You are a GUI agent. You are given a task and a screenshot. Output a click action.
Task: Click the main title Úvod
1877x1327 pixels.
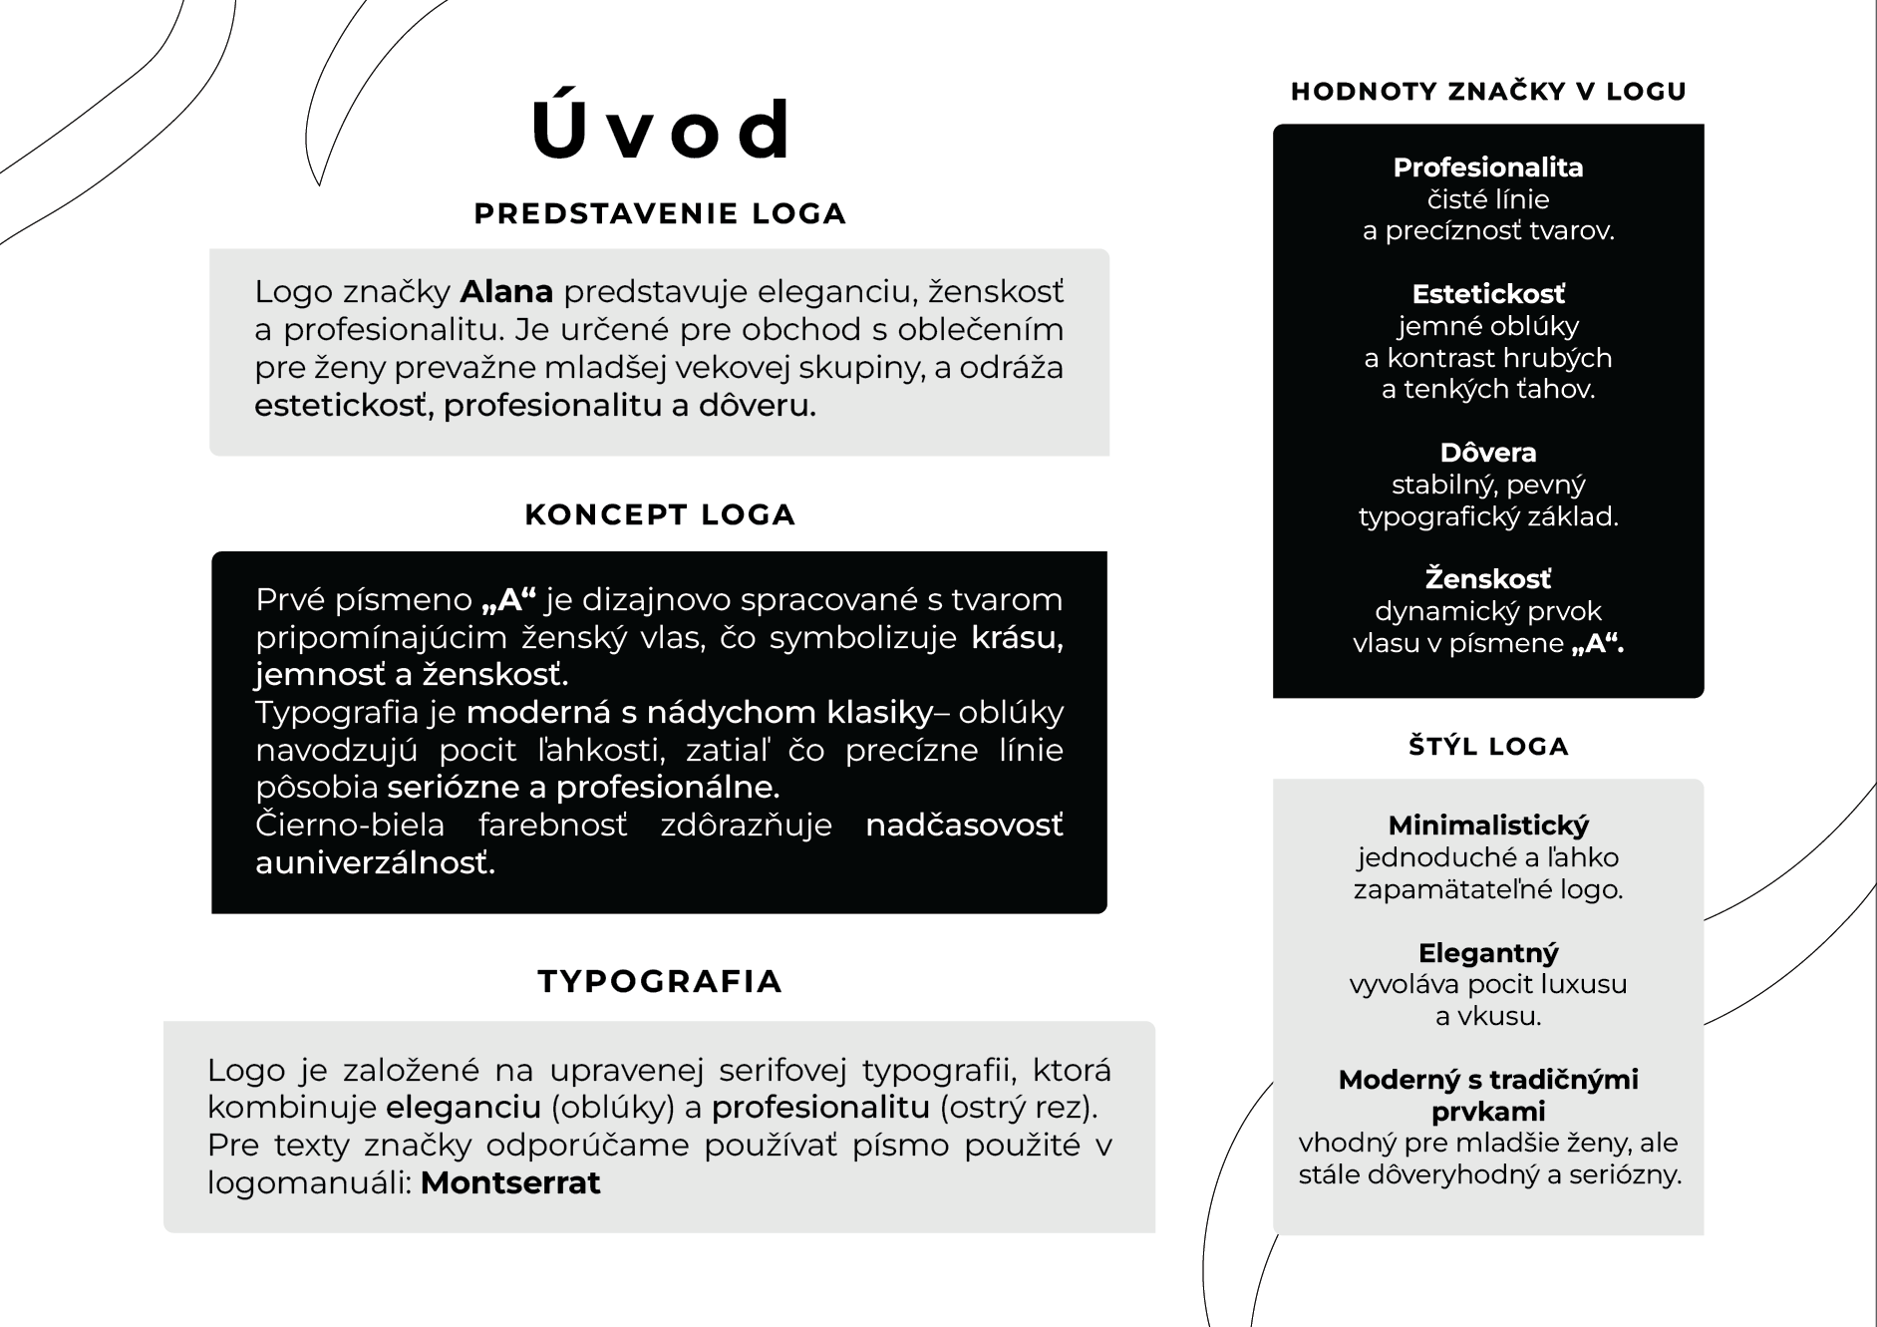(x=661, y=130)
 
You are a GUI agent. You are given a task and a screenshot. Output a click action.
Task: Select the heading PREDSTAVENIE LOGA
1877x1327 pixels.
(x=660, y=213)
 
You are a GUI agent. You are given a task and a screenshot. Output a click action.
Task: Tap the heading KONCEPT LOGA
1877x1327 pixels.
(x=660, y=514)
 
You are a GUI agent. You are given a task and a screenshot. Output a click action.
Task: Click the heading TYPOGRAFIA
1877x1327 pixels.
(x=660, y=981)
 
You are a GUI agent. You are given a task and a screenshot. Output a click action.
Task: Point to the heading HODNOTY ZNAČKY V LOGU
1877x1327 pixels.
(x=1488, y=92)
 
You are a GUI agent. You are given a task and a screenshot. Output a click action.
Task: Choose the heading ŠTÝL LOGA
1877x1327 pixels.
(x=1488, y=747)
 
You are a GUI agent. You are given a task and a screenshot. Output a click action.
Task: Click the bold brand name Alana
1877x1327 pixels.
(x=506, y=291)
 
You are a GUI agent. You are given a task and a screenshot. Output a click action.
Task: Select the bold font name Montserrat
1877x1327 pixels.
(x=510, y=1182)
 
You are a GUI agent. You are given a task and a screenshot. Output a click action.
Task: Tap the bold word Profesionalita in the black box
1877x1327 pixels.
(x=1488, y=167)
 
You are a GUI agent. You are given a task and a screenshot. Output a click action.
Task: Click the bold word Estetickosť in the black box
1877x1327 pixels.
(x=1488, y=294)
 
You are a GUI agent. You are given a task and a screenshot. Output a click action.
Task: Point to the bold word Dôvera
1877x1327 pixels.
(x=1488, y=453)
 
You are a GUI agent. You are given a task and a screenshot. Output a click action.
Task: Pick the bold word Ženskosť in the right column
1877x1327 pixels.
(x=1488, y=579)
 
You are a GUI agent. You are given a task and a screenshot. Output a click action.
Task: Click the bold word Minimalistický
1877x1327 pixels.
(x=1488, y=826)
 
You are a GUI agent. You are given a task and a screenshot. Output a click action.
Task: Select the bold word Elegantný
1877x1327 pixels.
(x=1488, y=953)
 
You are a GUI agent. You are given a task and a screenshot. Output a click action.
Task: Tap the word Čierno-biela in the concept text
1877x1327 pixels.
(x=350, y=826)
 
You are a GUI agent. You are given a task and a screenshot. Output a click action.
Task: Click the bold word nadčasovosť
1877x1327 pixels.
(x=964, y=826)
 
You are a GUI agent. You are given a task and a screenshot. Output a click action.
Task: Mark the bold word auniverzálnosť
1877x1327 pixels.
(x=375, y=862)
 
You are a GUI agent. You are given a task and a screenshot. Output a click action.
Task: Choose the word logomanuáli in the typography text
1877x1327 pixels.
(x=308, y=1183)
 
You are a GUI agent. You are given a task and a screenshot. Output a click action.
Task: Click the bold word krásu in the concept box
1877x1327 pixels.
(x=1017, y=638)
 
